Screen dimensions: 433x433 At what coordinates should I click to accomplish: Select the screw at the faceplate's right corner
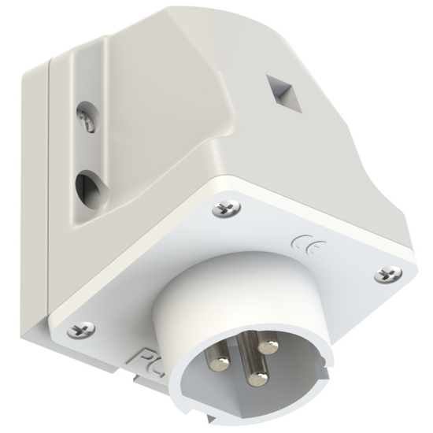387,275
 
